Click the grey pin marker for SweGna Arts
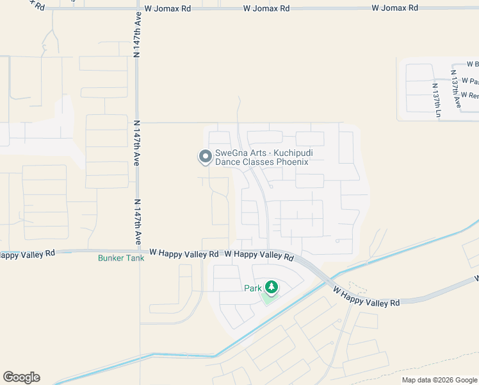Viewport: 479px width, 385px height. coord(205,157)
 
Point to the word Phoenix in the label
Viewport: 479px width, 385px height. coord(293,162)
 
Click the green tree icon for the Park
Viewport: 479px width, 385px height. coord(271,287)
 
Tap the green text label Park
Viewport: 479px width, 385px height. coord(252,288)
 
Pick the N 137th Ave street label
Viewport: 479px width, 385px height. coord(456,94)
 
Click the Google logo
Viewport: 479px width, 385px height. coord(21,377)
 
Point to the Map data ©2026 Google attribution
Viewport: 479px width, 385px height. coord(439,380)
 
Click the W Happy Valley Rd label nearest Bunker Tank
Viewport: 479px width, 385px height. coord(175,253)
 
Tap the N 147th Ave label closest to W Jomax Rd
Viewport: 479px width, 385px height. coord(137,36)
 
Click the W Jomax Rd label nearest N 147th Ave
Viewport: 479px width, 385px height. coord(167,9)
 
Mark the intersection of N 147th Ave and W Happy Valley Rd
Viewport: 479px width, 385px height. coord(137,252)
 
